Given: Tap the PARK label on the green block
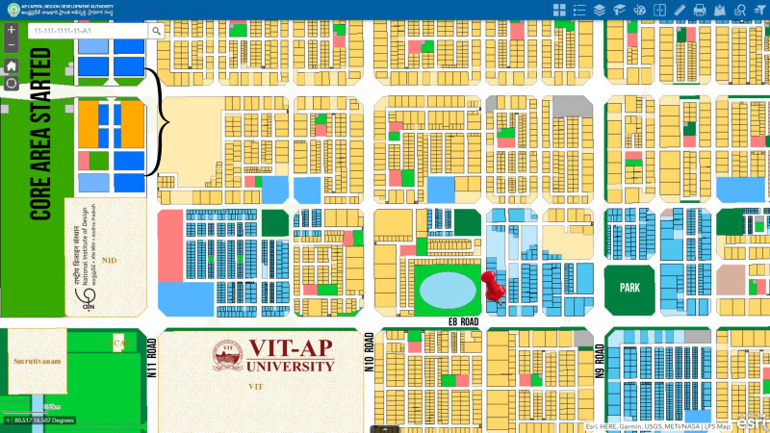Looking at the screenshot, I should point(629,287).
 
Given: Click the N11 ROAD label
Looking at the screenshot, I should point(151,358).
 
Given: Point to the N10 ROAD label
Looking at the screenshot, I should point(369,354).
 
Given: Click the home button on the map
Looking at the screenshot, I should point(11,66).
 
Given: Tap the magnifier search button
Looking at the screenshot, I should point(157,31).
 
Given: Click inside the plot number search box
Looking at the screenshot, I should point(87,31).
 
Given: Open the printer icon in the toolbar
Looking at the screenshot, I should point(700,10).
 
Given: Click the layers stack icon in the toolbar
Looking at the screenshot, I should point(599,10).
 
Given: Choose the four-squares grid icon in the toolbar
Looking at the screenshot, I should point(559,10).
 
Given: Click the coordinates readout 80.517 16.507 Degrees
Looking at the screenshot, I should point(44,420).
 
